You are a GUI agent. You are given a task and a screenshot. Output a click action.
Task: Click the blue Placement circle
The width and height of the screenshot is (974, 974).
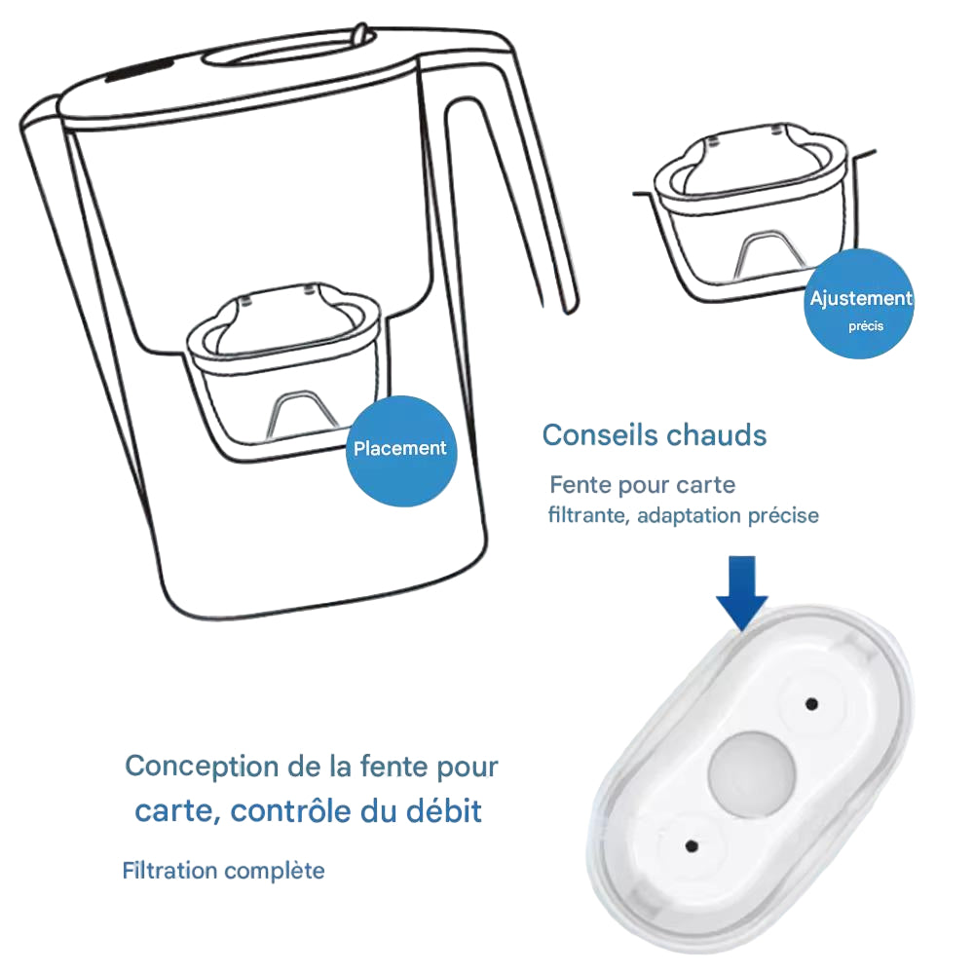[x=400, y=452]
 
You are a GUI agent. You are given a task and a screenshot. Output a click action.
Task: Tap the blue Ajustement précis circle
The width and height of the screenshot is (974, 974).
[x=859, y=304]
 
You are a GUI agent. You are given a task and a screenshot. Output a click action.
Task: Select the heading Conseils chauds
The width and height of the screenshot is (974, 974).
[x=655, y=434]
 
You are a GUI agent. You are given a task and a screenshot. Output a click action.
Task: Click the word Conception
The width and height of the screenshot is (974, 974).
[x=202, y=768]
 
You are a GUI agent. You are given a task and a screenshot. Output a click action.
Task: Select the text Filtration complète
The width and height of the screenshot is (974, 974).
[x=223, y=870]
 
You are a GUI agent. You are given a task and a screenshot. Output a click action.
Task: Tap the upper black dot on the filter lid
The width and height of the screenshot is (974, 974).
[x=810, y=704]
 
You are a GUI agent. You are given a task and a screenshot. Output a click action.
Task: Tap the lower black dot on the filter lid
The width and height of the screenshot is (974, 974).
[x=692, y=845]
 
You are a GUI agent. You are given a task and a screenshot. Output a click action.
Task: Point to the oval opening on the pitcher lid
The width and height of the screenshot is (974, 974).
[x=289, y=49]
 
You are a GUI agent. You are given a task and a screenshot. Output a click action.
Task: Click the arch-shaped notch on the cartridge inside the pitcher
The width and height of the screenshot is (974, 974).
[x=303, y=413]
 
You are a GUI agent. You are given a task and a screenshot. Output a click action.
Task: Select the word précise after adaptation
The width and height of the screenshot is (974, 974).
[x=783, y=515]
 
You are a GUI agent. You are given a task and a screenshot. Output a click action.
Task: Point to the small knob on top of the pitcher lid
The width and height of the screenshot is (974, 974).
[x=360, y=32]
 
